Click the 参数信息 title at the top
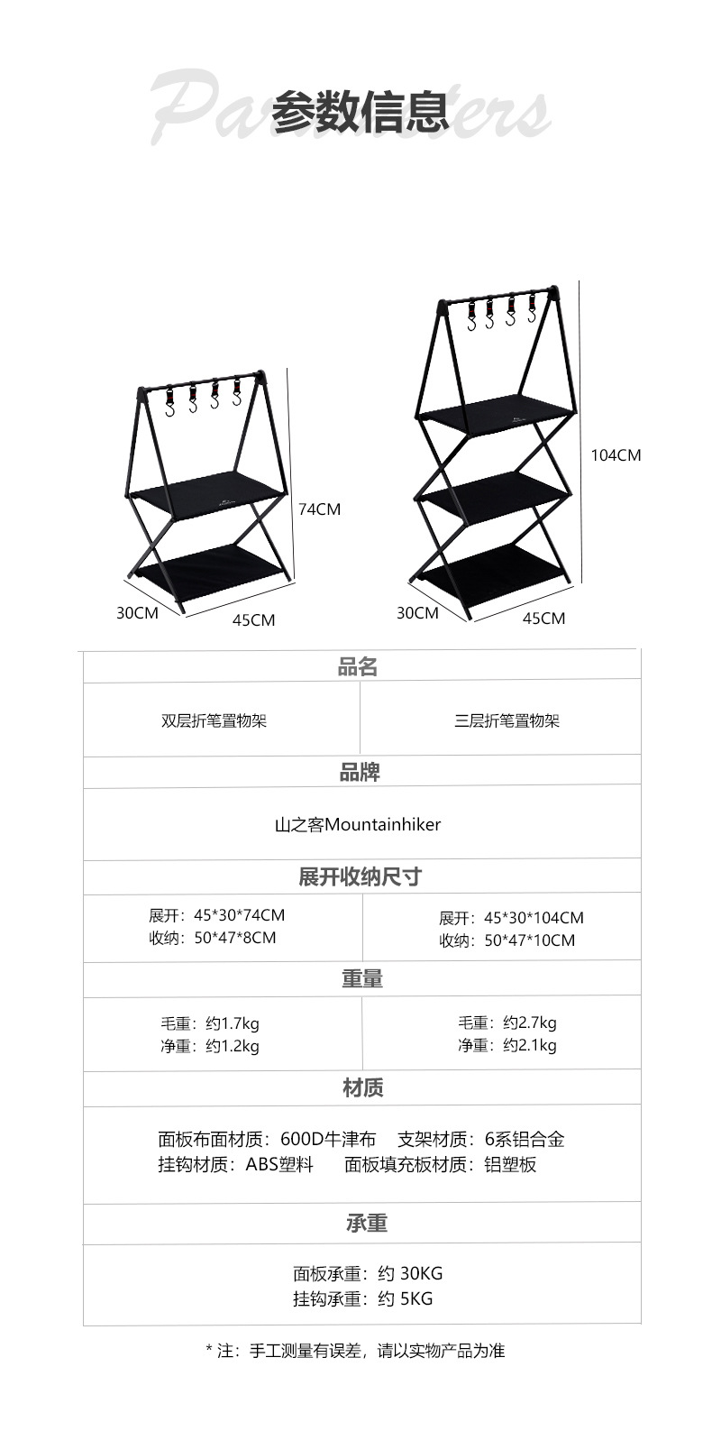click(x=361, y=112)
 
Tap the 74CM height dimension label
click(x=320, y=509)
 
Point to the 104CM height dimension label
click(x=616, y=455)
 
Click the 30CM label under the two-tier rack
click(x=137, y=613)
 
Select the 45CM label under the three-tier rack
click(x=543, y=619)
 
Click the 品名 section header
click(x=358, y=667)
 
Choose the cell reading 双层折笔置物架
click(x=215, y=720)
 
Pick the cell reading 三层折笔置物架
click(x=507, y=720)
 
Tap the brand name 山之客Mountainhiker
click(x=358, y=824)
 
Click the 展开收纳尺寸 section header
click(x=360, y=876)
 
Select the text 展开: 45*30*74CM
click(x=216, y=915)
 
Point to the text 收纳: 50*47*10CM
click(x=507, y=940)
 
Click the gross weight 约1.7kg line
click(x=210, y=1023)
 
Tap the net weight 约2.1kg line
click(x=507, y=1045)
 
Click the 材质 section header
click(x=363, y=1088)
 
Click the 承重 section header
click(x=366, y=1224)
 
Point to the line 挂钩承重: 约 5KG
click(x=362, y=1298)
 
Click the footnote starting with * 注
click(x=355, y=1351)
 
